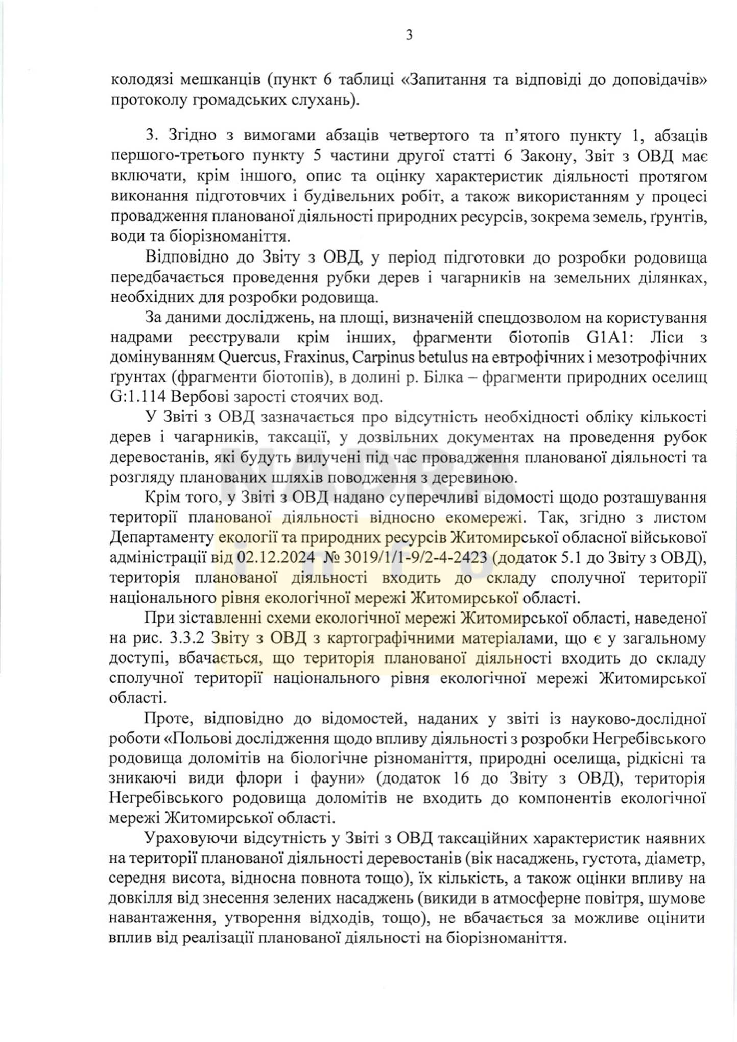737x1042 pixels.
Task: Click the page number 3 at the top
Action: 409,35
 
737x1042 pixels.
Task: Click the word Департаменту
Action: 161,537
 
